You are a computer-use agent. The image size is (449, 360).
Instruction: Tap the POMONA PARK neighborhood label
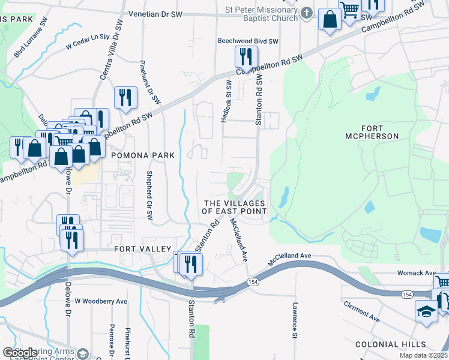click(x=143, y=155)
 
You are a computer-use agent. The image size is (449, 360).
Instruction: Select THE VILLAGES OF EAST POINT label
click(x=234, y=208)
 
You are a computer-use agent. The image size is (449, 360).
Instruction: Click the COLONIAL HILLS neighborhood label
click(x=390, y=344)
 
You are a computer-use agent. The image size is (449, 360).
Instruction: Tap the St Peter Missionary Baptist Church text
click(x=261, y=14)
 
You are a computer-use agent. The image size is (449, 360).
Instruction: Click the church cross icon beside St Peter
click(x=307, y=13)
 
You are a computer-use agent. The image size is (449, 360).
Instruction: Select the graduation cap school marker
click(x=426, y=311)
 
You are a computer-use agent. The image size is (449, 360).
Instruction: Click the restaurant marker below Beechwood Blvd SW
click(x=246, y=57)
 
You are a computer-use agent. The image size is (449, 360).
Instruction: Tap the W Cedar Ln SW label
click(x=88, y=41)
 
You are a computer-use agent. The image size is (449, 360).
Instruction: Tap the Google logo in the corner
click(x=19, y=353)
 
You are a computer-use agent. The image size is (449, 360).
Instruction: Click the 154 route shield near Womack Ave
click(x=408, y=293)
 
